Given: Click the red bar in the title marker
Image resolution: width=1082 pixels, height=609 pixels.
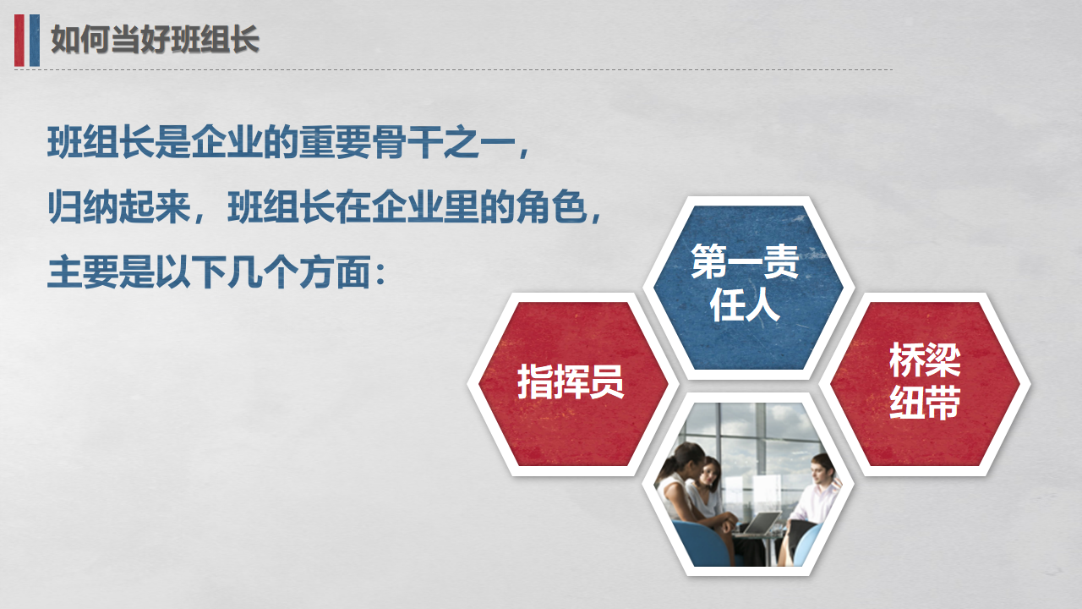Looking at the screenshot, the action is pyautogui.click(x=19, y=40).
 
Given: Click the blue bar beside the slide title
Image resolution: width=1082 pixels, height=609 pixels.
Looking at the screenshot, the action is pyautogui.click(x=35, y=40).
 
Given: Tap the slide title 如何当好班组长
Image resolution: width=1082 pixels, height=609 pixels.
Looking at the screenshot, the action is pyautogui.click(x=155, y=39).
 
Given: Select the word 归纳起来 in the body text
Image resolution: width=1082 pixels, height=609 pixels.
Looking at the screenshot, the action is pyautogui.click(x=119, y=207).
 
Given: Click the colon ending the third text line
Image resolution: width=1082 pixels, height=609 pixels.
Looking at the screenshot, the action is pyautogui.click(x=380, y=273).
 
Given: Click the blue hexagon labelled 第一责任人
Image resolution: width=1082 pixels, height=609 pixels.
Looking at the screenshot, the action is pyautogui.click(x=748, y=288).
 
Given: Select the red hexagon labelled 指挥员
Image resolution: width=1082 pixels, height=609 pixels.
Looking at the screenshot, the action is pyautogui.click(x=573, y=384).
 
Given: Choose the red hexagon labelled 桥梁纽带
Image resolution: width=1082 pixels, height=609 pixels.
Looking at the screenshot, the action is pyautogui.click(x=925, y=384).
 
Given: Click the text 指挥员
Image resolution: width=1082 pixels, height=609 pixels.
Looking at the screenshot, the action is pyautogui.click(x=571, y=381).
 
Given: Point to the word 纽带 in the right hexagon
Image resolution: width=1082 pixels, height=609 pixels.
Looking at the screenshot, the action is pyautogui.click(x=925, y=402).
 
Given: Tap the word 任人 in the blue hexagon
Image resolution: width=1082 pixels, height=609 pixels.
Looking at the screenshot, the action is pyautogui.click(x=745, y=304).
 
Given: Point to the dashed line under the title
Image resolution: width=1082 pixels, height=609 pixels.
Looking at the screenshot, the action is pyautogui.click(x=453, y=69).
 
